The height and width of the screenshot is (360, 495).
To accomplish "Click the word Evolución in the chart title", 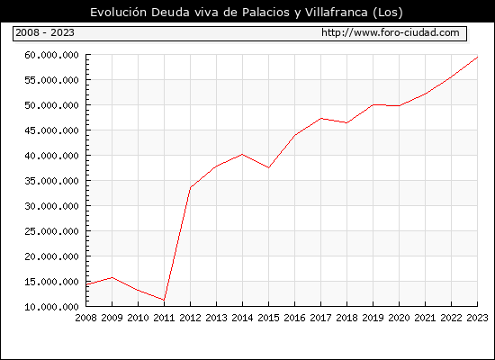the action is tap(119, 12).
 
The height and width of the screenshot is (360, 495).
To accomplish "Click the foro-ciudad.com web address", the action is tap(391, 32).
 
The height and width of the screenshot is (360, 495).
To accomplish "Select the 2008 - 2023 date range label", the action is tap(45, 32).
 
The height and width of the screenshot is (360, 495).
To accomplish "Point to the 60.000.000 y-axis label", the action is tap(51, 55).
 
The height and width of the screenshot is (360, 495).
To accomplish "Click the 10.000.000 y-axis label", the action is tap(51, 307).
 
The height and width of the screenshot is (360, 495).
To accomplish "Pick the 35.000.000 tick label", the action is tap(51, 181).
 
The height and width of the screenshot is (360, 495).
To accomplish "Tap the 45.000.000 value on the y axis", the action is tap(51, 130).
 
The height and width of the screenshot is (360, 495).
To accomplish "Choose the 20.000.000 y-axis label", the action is tap(51, 256).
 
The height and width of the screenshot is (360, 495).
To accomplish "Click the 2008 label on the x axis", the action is tap(85, 318).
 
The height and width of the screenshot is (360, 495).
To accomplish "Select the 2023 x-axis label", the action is tap(477, 318).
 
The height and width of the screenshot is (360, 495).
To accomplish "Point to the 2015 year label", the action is tap(269, 318).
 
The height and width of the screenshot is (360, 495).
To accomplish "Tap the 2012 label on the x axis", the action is tap(191, 318).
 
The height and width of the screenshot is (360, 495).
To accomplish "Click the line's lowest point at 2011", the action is tap(164, 300).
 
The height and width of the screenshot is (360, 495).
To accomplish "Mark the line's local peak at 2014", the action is tap(242, 154).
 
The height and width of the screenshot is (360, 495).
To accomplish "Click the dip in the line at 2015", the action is tap(269, 167).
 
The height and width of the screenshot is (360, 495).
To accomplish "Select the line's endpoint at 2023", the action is tap(477, 58).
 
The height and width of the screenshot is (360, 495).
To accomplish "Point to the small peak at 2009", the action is tap(112, 277).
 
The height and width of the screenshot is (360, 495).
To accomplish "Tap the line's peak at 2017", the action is tap(320, 119).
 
